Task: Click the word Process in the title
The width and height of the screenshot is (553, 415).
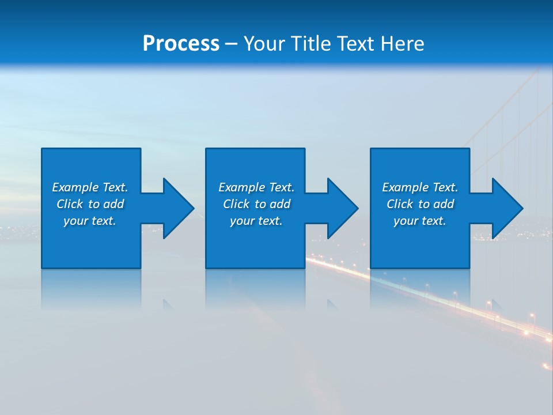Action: [x=181, y=44]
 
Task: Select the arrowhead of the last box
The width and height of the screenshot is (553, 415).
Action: [x=507, y=208]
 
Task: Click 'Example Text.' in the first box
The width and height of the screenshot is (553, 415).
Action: [x=90, y=187]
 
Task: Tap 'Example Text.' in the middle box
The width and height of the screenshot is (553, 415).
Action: [x=256, y=187]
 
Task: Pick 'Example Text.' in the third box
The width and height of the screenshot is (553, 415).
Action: [x=420, y=187]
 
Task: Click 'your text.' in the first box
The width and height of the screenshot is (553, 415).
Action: [x=90, y=221]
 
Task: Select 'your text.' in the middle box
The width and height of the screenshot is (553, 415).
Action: [x=256, y=221]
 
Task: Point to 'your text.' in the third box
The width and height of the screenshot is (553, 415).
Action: [x=420, y=221]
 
